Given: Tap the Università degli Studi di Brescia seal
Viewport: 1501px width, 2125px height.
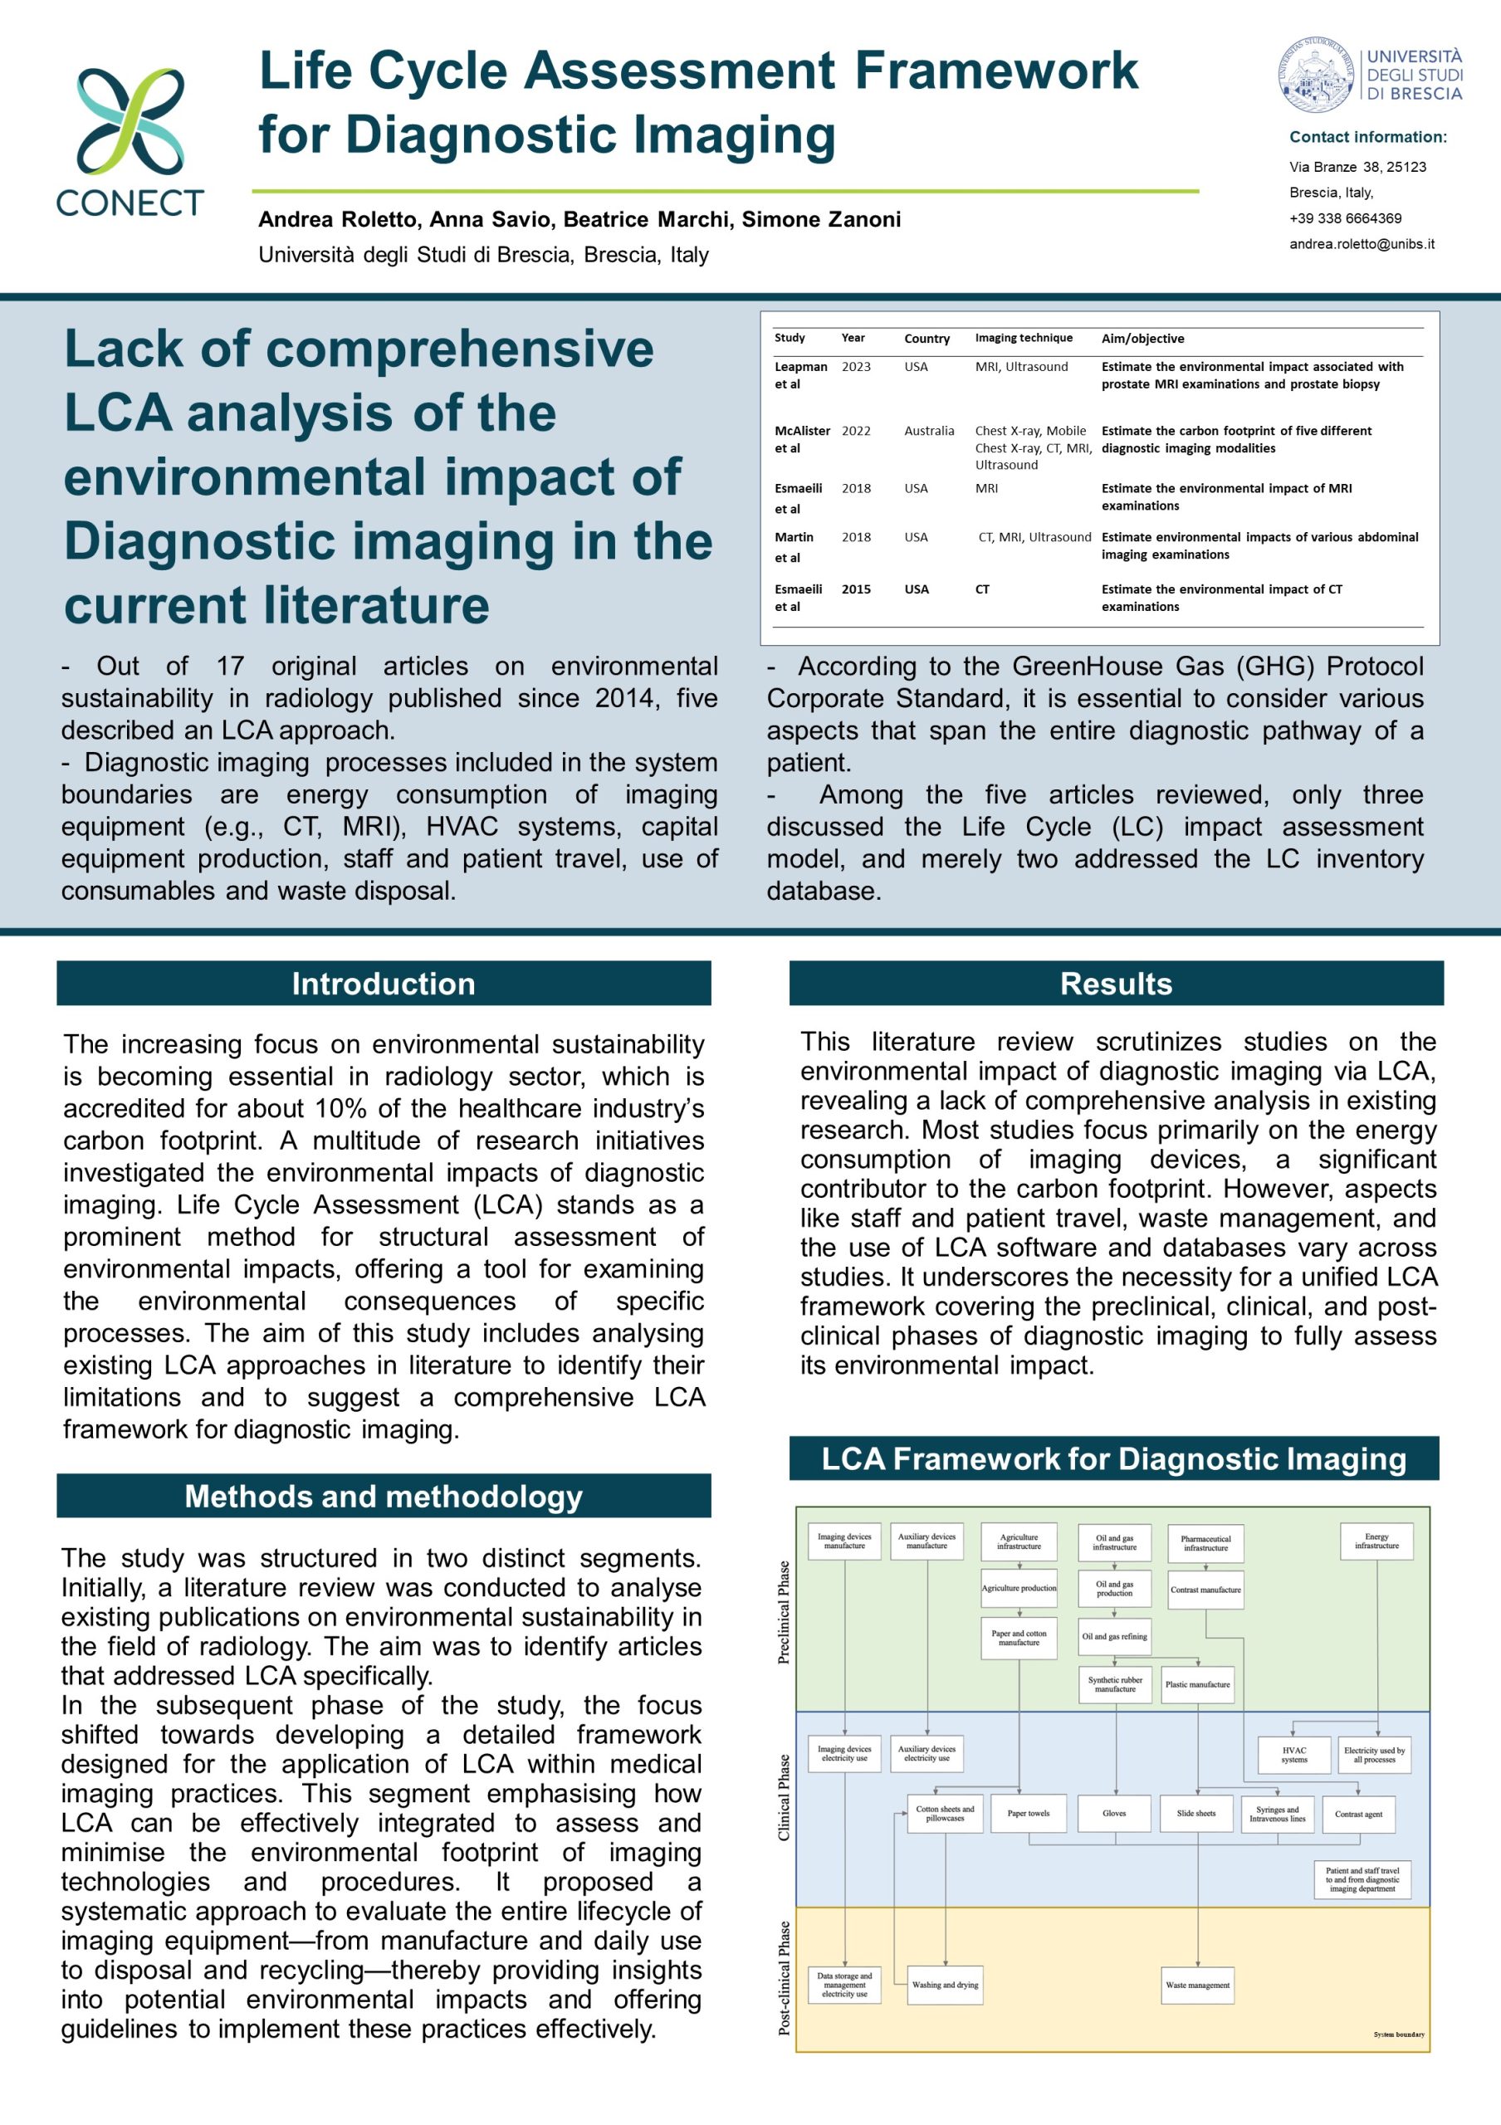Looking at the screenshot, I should coord(1317,76).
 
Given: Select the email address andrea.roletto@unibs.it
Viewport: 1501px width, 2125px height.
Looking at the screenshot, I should coord(1362,244).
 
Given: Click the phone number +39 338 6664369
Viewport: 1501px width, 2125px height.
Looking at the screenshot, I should coord(1345,218).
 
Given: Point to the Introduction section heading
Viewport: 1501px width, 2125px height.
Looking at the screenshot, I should coord(383,983).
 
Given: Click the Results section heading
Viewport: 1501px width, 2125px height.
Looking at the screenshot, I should coord(1115,983).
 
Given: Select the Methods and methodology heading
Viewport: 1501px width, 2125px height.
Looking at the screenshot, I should coord(383,1496).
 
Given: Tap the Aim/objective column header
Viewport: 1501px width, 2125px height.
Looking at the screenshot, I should coord(1142,339).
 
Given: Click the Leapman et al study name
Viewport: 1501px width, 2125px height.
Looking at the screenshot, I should coord(800,375).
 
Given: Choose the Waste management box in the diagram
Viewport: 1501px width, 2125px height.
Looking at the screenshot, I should coord(1197,1985).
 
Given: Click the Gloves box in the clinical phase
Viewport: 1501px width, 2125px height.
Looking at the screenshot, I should coord(1114,1813).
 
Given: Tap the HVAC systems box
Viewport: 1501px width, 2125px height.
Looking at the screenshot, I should coord(1293,1755).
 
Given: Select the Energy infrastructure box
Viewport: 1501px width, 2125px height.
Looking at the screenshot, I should coord(1376,1541).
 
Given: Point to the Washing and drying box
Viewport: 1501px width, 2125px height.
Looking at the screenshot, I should coord(945,1985).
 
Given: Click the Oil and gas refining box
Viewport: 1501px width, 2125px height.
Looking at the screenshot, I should coord(1114,1636).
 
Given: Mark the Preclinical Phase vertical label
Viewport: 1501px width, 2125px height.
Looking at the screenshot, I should coord(785,1612).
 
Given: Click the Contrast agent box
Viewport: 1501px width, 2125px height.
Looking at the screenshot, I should coord(1357,1814).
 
